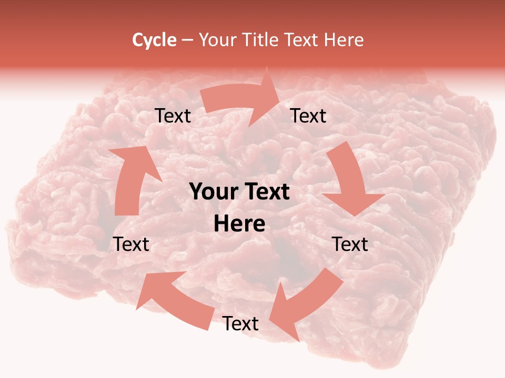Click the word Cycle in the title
point(154,40)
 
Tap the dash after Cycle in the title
point(187,40)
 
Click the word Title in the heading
point(260,40)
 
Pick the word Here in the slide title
point(345,40)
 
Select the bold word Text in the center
point(265,192)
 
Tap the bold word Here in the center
point(239,224)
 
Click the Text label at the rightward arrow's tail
point(173,116)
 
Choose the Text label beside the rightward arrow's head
point(308,116)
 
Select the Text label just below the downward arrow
point(350,244)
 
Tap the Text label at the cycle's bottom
point(240,324)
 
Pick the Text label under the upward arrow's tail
point(132,244)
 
